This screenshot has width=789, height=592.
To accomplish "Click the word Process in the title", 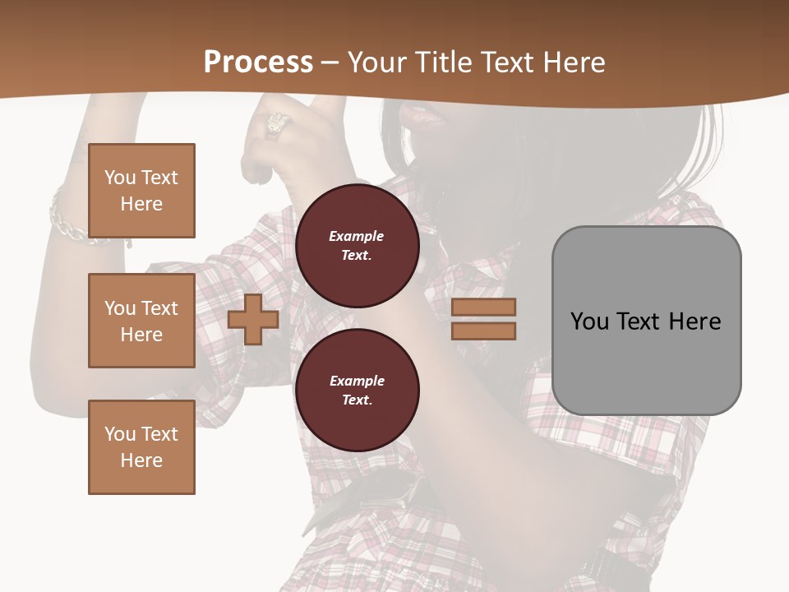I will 258,62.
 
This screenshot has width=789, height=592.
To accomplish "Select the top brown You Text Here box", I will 141,191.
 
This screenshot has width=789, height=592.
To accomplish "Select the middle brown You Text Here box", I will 141,321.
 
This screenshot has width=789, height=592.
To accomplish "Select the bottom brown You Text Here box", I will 141,447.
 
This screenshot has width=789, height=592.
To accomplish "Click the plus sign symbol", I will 252,319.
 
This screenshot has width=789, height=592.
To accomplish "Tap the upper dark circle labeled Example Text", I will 357,246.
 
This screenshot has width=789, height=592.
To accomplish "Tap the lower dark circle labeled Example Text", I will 357,391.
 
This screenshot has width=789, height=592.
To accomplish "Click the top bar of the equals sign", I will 483,307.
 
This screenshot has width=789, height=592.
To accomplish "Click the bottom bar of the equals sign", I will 483,331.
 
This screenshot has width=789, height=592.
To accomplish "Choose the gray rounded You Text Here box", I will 646,321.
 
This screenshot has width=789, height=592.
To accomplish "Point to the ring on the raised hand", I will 276,123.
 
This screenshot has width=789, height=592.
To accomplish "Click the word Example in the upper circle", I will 357,236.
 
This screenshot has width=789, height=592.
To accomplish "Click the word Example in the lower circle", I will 357,381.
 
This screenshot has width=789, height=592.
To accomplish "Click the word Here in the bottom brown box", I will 141,460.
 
